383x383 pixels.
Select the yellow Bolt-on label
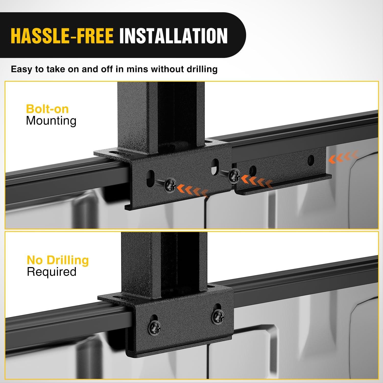click(x=47, y=109)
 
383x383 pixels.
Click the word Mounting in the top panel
click(x=51, y=121)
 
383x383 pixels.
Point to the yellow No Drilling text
click(x=58, y=260)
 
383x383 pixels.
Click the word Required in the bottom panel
click(x=52, y=272)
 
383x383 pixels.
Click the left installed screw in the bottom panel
click(x=154, y=326)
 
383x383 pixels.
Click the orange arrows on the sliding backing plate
click(x=257, y=181)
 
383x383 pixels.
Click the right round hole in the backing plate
click(x=311, y=160)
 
